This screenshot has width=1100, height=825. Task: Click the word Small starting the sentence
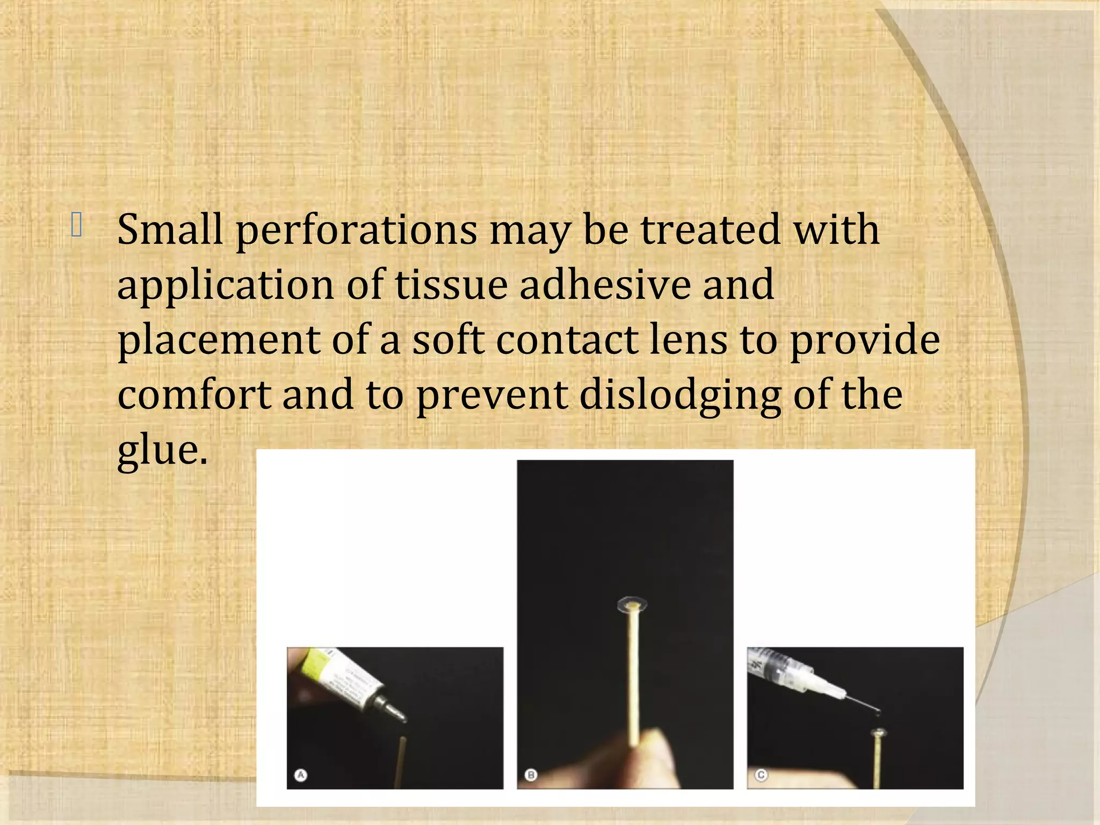170,230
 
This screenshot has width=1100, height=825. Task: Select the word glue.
162,451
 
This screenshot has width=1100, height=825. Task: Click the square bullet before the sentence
76,225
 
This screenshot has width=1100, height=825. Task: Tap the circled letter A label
301,775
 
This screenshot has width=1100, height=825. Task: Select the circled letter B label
531,775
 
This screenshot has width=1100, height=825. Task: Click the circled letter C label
761,775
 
